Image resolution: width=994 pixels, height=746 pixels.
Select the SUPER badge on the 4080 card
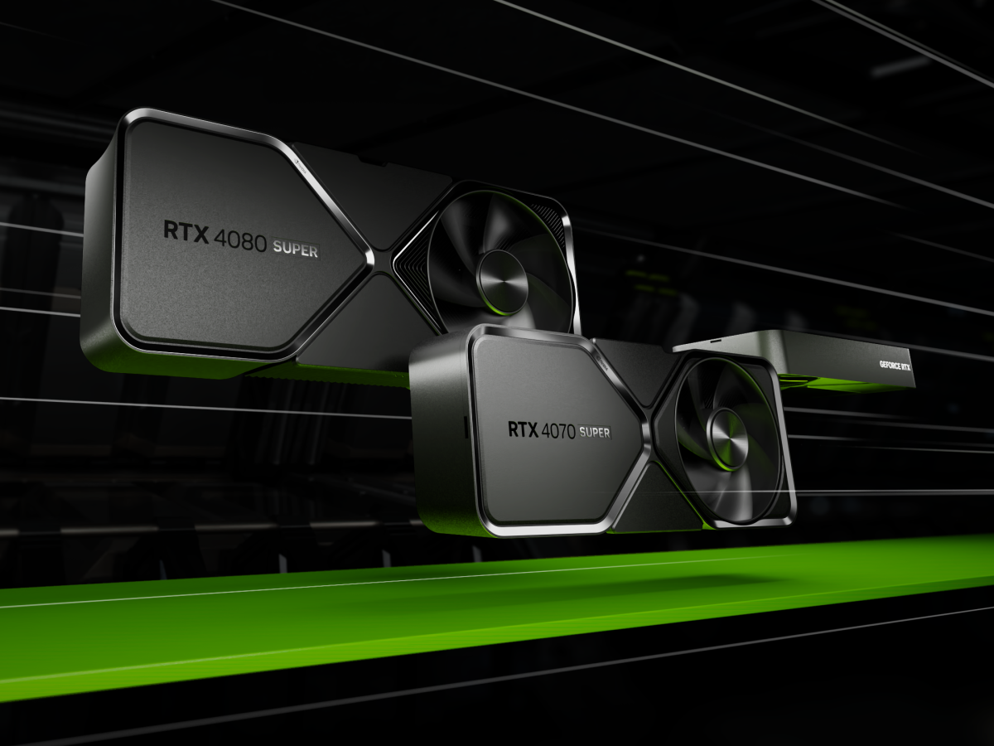(296, 249)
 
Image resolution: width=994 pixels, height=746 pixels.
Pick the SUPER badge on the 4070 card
(595, 433)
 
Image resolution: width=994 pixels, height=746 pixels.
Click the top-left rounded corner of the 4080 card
(124, 124)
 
